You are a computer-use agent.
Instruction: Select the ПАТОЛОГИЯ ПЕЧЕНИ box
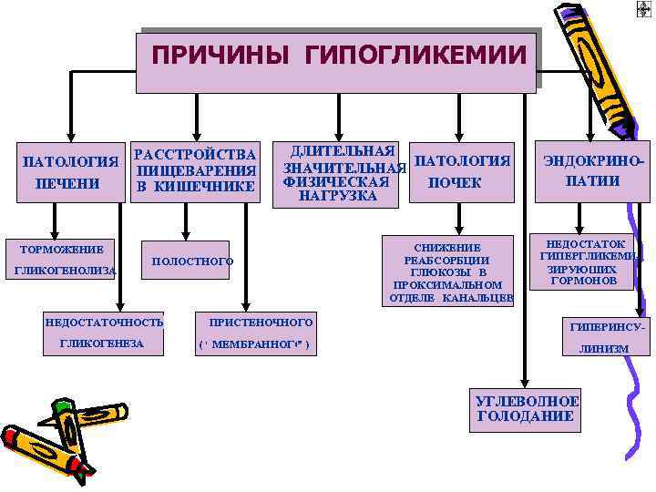click(x=69, y=172)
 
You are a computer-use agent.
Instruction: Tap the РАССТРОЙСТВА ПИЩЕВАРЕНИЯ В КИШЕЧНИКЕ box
click(x=194, y=169)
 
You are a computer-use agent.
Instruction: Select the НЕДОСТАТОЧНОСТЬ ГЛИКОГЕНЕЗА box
click(x=105, y=333)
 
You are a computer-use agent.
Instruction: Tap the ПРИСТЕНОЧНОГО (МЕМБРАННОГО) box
click(x=257, y=333)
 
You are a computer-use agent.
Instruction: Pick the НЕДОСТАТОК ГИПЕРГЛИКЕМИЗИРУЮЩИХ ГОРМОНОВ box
click(x=584, y=263)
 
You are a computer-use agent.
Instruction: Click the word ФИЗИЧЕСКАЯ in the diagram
click(x=336, y=182)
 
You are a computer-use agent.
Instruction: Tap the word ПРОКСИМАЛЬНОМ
click(x=447, y=285)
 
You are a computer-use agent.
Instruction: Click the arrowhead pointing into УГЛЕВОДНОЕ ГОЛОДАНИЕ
click(x=523, y=382)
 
